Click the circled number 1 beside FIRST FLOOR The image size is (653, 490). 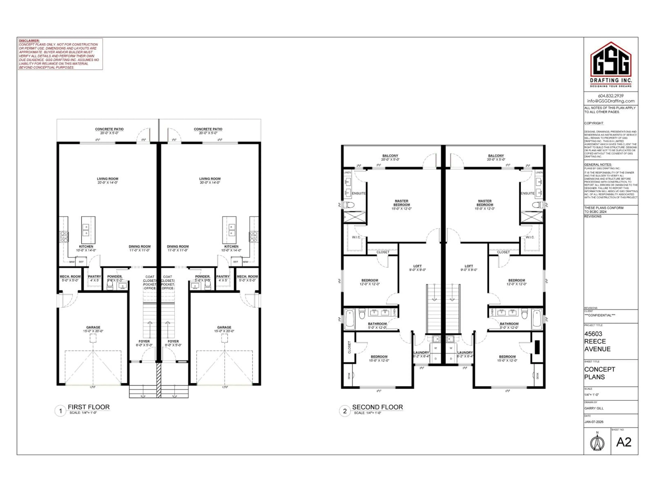click(61, 411)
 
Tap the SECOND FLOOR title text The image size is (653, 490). click(377, 407)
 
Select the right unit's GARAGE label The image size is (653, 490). click(224, 327)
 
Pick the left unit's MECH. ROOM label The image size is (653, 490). click(70, 276)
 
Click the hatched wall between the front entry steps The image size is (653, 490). click(159, 380)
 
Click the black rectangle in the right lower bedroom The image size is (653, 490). click(537, 347)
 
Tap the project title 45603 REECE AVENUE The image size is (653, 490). click(597, 341)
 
